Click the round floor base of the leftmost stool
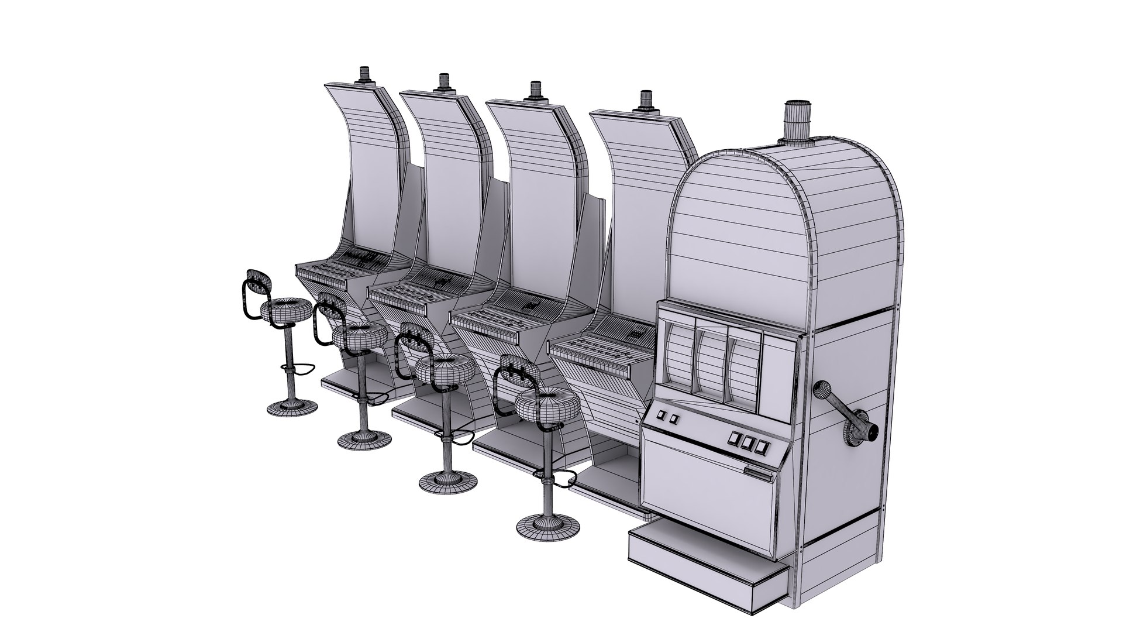point(292,408)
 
